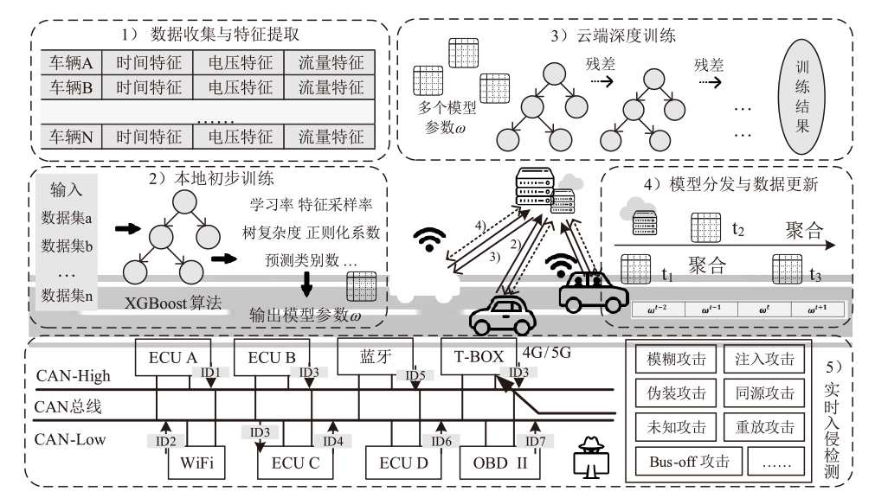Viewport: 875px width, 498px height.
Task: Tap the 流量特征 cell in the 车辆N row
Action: coord(331,136)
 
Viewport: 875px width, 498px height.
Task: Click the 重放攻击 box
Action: coord(762,426)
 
